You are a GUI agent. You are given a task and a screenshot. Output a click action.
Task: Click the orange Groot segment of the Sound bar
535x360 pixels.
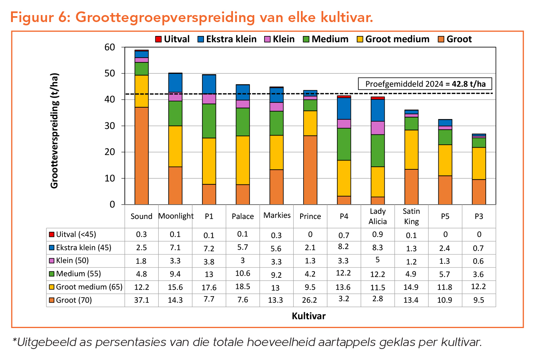pyautogui.click(x=141, y=156)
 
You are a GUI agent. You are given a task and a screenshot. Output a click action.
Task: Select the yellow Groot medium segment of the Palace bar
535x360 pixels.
pyautogui.click(x=243, y=160)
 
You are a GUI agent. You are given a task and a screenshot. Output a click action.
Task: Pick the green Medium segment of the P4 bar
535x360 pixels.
pyautogui.click(x=344, y=144)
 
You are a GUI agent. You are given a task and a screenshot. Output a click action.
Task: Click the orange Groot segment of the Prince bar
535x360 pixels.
pyautogui.click(x=310, y=170)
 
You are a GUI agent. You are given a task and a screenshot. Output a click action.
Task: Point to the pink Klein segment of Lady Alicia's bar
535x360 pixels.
pyautogui.click(x=377, y=128)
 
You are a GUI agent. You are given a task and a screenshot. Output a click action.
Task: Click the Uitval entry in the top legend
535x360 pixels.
pyautogui.click(x=172, y=39)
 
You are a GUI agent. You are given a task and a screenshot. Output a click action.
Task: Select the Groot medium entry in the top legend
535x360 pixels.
pyautogui.click(x=393, y=39)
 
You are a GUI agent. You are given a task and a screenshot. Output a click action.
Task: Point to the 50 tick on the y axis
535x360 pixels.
pyautogui.click(x=110, y=73)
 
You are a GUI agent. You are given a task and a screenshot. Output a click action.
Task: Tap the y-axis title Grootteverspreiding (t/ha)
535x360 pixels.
pyautogui.click(x=54, y=131)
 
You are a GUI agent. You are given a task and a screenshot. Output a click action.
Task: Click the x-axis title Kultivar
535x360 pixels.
pyautogui.click(x=309, y=316)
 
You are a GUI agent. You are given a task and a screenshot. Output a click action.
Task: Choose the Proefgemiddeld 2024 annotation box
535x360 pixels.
pyautogui.click(x=425, y=84)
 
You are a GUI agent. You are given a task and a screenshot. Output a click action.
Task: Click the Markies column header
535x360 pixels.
pyautogui.click(x=277, y=215)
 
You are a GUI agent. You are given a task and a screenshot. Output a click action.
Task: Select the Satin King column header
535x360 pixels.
pyautogui.click(x=411, y=216)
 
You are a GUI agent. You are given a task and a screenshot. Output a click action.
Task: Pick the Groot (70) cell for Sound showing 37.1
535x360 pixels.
pyautogui.click(x=141, y=300)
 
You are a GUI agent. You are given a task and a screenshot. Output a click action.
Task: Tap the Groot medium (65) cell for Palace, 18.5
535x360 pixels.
pyautogui.click(x=243, y=287)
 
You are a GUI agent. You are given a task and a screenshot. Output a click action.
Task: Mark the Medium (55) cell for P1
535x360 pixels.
pyautogui.click(x=209, y=274)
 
